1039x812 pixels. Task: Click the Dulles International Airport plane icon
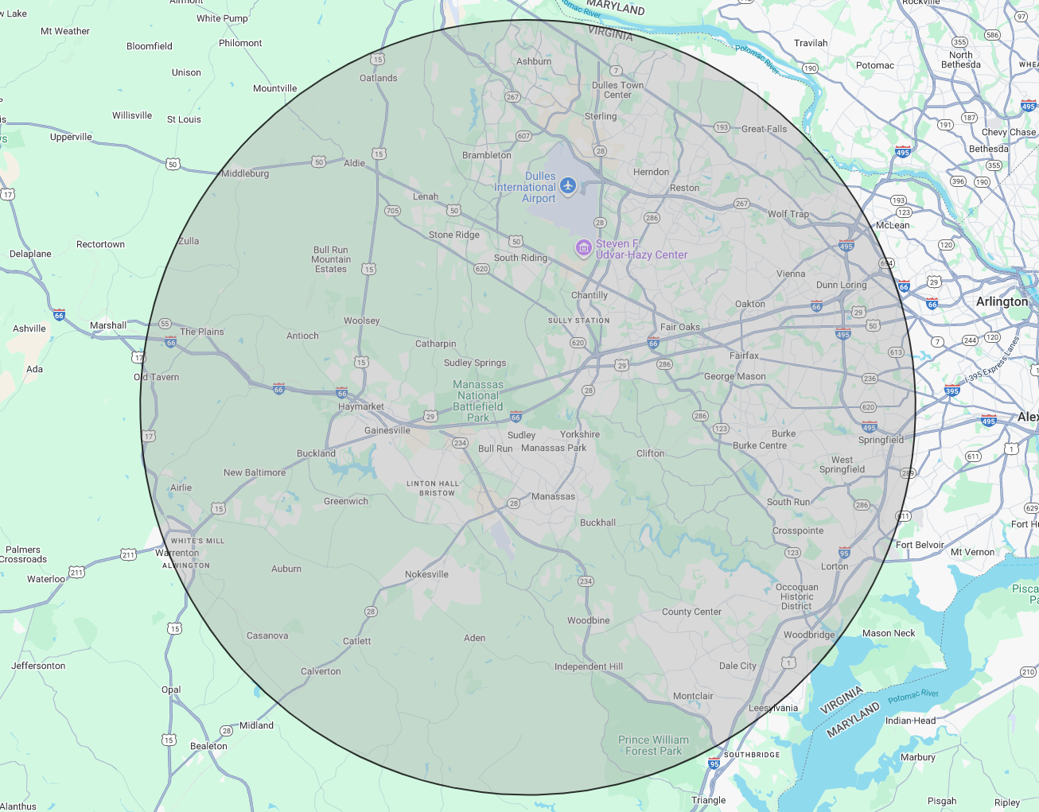pyautogui.click(x=567, y=185)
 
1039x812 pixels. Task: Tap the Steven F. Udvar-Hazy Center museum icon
pyautogui.click(x=584, y=248)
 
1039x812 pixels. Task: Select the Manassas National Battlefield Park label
pyautogui.click(x=478, y=401)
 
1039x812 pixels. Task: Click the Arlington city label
pyautogui.click(x=1002, y=302)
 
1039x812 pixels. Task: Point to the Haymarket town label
pyautogui.click(x=360, y=406)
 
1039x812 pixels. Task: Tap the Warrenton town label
pyautogui.click(x=177, y=553)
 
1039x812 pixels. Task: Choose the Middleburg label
pyautogui.click(x=245, y=173)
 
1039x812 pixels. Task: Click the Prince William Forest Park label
pyautogui.click(x=653, y=745)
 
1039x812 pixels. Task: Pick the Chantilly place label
pyautogui.click(x=589, y=295)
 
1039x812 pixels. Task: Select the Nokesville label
pyautogui.click(x=426, y=574)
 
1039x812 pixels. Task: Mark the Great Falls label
pyautogui.click(x=764, y=129)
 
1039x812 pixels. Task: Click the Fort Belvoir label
pyautogui.click(x=920, y=545)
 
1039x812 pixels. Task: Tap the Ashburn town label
pyautogui.click(x=533, y=61)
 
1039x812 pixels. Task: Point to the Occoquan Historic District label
pyautogui.click(x=796, y=596)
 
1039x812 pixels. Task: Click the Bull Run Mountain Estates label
pyautogui.click(x=331, y=259)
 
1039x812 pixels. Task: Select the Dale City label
pyautogui.click(x=737, y=666)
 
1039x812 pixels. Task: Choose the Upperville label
pyautogui.click(x=71, y=137)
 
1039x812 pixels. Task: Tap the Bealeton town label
pyautogui.click(x=208, y=746)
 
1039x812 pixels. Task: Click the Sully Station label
pyautogui.click(x=578, y=321)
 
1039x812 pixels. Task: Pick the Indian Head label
pyautogui.click(x=910, y=721)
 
